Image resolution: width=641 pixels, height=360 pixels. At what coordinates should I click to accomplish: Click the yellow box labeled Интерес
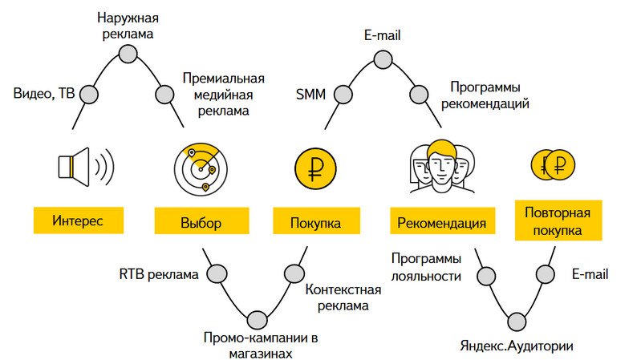pyautogui.click(x=78, y=220)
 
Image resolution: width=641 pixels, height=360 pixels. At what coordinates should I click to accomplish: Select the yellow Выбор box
pyautogui.click(x=200, y=222)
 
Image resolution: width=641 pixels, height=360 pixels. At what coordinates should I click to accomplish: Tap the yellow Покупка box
pyautogui.click(x=314, y=222)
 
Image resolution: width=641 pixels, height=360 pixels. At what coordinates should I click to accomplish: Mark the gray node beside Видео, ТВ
pyautogui.click(x=89, y=95)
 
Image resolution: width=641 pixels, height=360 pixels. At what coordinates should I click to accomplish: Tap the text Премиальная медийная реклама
pyautogui.click(x=223, y=95)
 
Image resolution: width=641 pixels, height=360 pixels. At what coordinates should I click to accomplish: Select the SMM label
pyautogui.click(x=311, y=95)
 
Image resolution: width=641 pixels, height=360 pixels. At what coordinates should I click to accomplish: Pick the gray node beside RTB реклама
pyautogui.click(x=215, y=274)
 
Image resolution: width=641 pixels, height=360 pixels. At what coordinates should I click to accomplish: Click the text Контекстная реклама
pyautogui.click(x=338, y=297)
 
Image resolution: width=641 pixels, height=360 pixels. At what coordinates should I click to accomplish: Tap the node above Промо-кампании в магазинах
pyautogui.click(x=258, y=319)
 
